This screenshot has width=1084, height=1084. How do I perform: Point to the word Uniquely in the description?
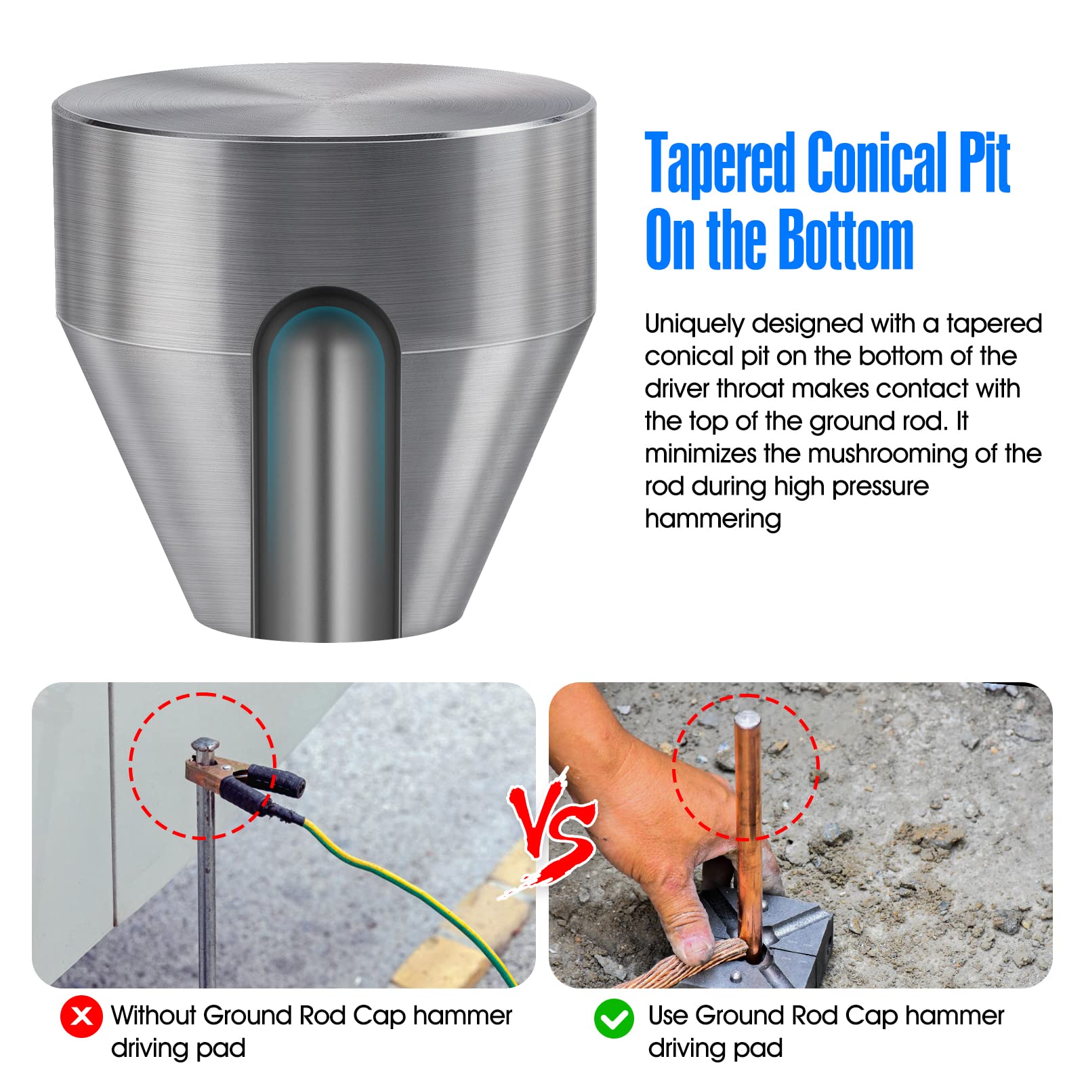tap(694, 325)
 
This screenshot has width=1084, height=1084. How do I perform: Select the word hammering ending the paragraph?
tap(713, 519)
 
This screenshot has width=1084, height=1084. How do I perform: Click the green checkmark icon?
tap(614, 1018)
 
